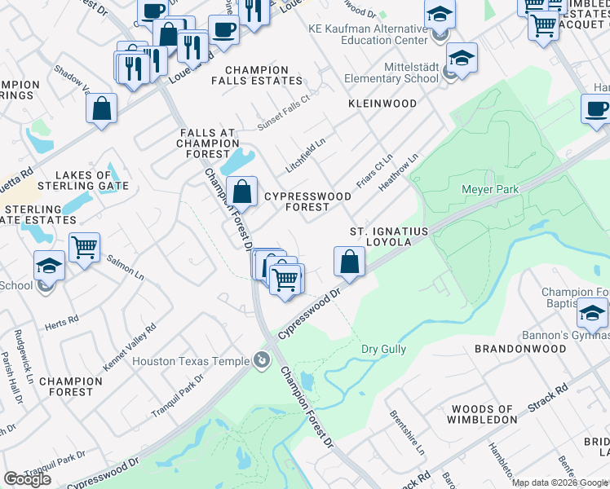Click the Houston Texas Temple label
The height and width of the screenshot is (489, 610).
pyautogui.click(x=190, y=360)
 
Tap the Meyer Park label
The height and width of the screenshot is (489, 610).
pyautogui.click(x=490, y=189)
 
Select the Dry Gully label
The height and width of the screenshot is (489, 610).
pyautogui.click(x=383, y=349)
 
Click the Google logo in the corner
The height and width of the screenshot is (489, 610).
pyautogui.click(x=28, y=478)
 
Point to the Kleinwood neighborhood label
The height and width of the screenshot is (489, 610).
pyautogui.click(x=382, y=104)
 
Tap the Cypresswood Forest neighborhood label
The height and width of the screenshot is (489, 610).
pyautogui.click(x=307, y=201)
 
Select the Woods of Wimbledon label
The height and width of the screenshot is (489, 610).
pyautogui.click(x=482, y=414)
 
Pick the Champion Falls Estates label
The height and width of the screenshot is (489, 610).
pyautogui.click(x=256, y=76)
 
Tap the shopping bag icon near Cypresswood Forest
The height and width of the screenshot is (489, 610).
pyautogui.click(x=242, y=192)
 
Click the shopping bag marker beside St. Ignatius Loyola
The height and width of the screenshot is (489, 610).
pyautogui.click(x=349, y=262)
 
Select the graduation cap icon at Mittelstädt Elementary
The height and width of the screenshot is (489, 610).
pyautogui.click(x=462, y=59)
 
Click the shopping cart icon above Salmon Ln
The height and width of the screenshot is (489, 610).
pyautogui.click(x=85, y=247)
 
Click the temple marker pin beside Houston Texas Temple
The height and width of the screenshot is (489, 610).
pyautogui.click(x=261, y=359)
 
